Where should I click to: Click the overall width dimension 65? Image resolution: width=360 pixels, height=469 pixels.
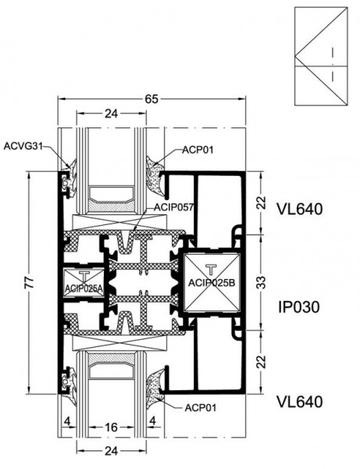tap(151, 99)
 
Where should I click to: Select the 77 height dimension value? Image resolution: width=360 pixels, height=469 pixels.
tap(29, 282)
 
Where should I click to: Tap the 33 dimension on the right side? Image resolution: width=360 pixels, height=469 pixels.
tap(261, 282)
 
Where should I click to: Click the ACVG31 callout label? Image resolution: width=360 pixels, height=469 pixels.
tap(23, 146)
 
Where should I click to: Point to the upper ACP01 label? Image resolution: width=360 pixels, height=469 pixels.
tap(198, 149)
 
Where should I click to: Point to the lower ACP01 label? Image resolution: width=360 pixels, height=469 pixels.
tap(200, 407)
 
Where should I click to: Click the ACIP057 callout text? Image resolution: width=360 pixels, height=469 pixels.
tap(174, 207)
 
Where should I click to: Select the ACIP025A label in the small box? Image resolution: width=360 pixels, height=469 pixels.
tap(84, 288)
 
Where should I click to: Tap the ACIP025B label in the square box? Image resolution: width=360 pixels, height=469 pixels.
tap(212, 283)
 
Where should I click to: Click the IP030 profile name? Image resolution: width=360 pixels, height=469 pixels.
tap(299, 307)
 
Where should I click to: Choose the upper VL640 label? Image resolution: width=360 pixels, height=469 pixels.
tap(300, 209)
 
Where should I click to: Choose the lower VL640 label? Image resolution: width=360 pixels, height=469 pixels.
tap(300, 402)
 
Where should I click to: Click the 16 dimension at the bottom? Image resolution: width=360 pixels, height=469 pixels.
tap(111, 427)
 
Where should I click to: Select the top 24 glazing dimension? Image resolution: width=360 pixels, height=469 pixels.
tap(111, 113)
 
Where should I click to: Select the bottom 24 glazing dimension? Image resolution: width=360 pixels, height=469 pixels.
tap(111, 451)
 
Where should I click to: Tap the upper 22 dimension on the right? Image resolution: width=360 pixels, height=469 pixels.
tap(261, 202)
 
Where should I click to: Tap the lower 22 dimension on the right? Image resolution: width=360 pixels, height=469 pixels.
tap(261, 362)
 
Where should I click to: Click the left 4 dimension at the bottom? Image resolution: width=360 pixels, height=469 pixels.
tap(67, 421)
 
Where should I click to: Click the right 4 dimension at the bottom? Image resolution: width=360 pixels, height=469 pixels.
tap(152, 421)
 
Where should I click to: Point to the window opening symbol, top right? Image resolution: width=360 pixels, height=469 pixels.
tap(321, 56)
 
